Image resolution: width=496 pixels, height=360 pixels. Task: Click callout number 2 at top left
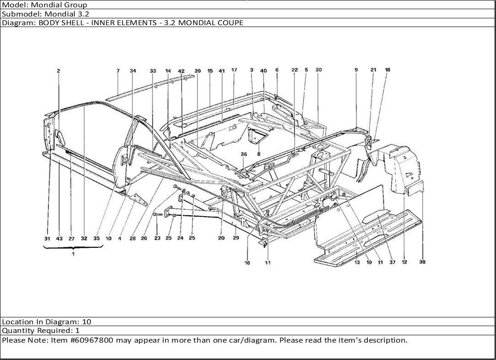click(x=59, y=71)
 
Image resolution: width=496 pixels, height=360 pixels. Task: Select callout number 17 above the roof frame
click(x=234, y=71)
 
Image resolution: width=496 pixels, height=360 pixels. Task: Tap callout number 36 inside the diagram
click(x=244, y=154)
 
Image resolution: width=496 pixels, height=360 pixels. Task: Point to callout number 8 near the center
click(x=259, y=154)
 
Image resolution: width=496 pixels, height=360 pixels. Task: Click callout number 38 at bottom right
click(x=422, y=262)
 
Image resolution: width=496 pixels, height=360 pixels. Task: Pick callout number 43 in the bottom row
click(x=60, y=239)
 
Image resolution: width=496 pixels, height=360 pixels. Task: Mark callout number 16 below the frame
click(x=247, y=263)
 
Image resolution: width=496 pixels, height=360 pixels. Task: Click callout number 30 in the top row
click(x=319, y=70)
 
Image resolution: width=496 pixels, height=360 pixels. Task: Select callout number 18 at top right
click(x=387, y=70)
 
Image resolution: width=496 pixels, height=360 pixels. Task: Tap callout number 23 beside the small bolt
click(x=157, y=238)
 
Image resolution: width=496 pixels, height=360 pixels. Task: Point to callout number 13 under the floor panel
click(x=357, y=262)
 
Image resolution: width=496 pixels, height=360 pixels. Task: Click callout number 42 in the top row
click(x=181, y=71)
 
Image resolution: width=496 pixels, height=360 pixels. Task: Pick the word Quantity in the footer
click(x=17, y=331)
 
